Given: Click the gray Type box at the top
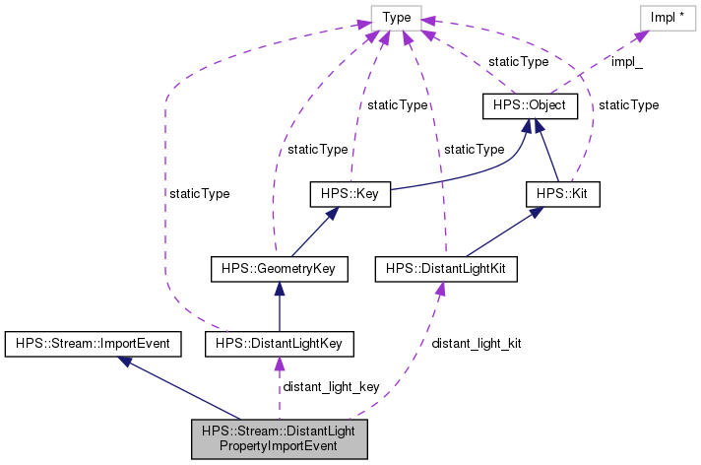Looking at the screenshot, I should point(396,16).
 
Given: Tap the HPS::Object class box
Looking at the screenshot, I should point(529,102).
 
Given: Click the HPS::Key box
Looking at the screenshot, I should point(350,194).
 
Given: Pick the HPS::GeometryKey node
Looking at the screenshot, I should point(280,268).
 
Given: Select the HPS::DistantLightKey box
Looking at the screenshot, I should point(280,343).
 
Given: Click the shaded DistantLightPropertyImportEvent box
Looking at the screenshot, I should point(279,438).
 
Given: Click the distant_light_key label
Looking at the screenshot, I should point(331,386).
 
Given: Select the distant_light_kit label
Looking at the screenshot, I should point(477,344).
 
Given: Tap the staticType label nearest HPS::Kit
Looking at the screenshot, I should point(628,104).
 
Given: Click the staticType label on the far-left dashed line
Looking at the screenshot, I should point(199,194).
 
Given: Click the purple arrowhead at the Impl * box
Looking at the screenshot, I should point(641,35).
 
